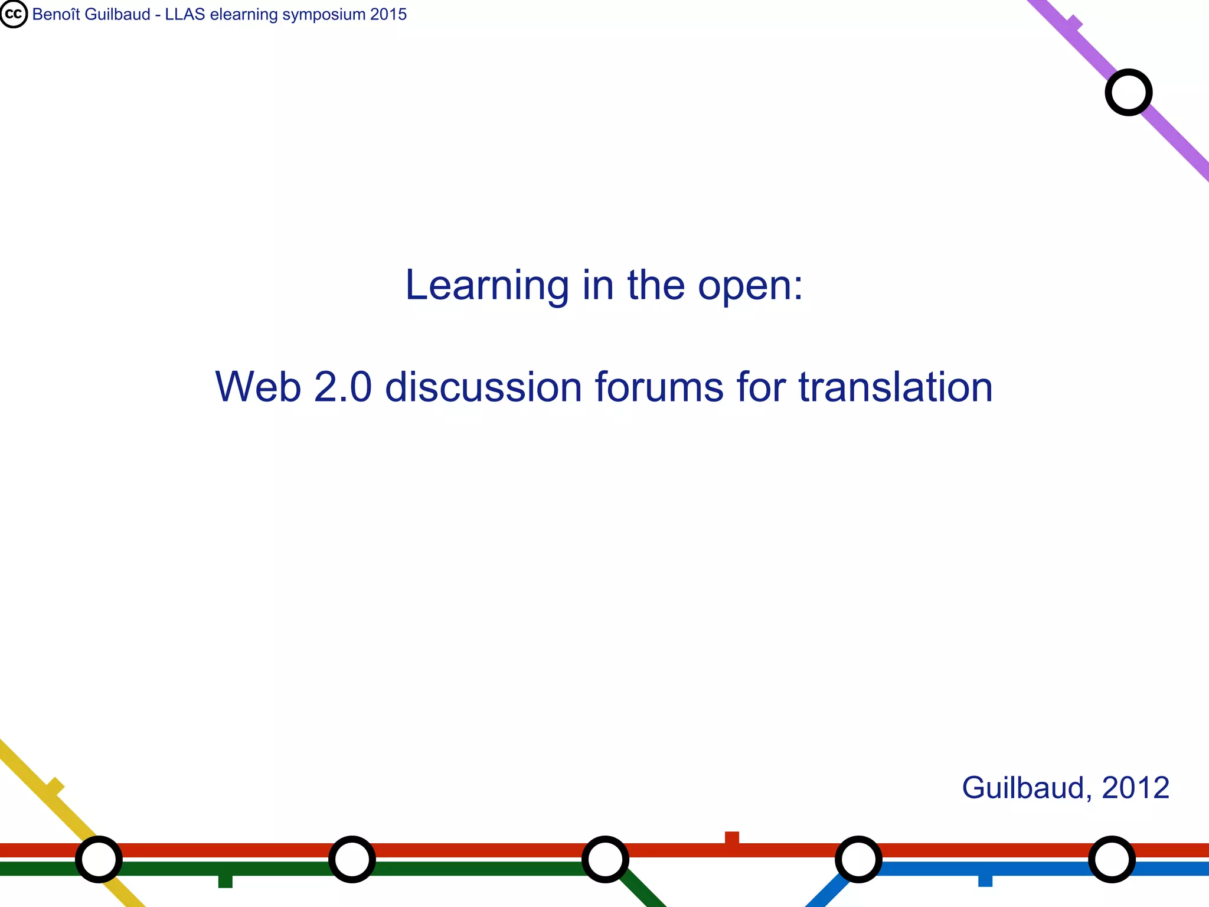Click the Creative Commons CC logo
click(14, 14)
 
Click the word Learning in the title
click(486, 286)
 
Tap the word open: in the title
click(750, 286)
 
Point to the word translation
click(896, 387)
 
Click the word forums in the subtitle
click(659, 387)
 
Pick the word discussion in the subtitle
click(483, 387)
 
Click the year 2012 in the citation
click(1135, 788)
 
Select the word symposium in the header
click(323, 14)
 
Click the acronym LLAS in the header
click(185, 14)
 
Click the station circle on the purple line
click(1128, 92)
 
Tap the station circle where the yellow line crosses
click(99, 859)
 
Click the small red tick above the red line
click(732, 837)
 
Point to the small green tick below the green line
click(225, 881)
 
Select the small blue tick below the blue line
click(985, 880)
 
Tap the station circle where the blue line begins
click(858, 859)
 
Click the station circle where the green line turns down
click(605, 859)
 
